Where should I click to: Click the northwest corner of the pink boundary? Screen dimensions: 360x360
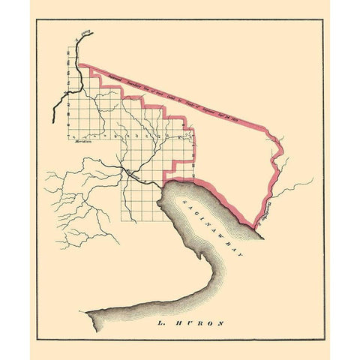click(x=79, y=65)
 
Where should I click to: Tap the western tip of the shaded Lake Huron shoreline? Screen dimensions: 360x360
click(x=87, y=311)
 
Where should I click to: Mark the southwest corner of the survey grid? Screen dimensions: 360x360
click(x=124, y=223)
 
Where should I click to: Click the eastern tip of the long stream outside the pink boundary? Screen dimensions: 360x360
click(x=312, y=178)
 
